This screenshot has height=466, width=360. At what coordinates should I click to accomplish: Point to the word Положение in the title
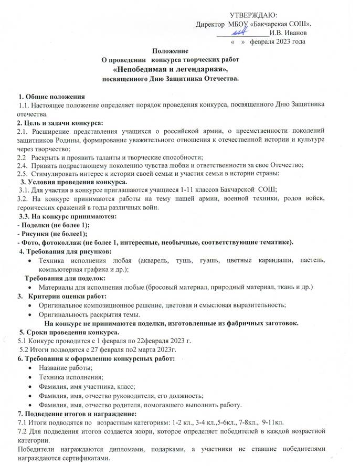coord(170,51)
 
